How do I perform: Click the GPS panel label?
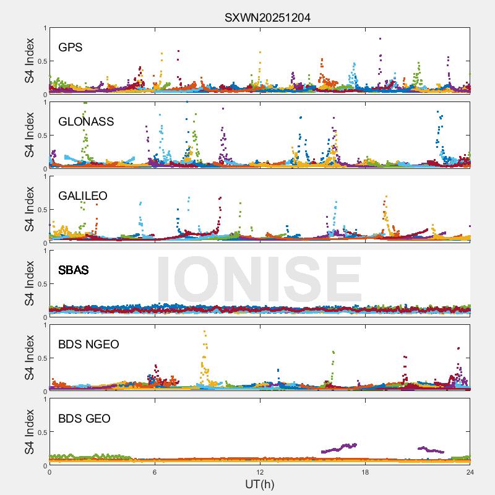pyautogui.click(x=71, y=47)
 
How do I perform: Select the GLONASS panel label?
pyautogui.click(x=86, y=121)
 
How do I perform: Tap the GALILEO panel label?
pyautogui.click(x=83, y=196)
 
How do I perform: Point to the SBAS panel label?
pyautogui.click(x=73, y=270)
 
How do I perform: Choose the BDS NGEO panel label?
pyautogui.click(x=88, y=344)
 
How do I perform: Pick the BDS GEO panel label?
pyautogui.click(x=84, y=419)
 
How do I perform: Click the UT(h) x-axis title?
pyautogui.click(x=259, y=484)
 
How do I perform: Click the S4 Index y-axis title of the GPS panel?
pyautogui.click(x=30, y=61)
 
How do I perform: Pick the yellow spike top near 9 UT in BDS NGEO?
pyautogui.click(x=204, y=332)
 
